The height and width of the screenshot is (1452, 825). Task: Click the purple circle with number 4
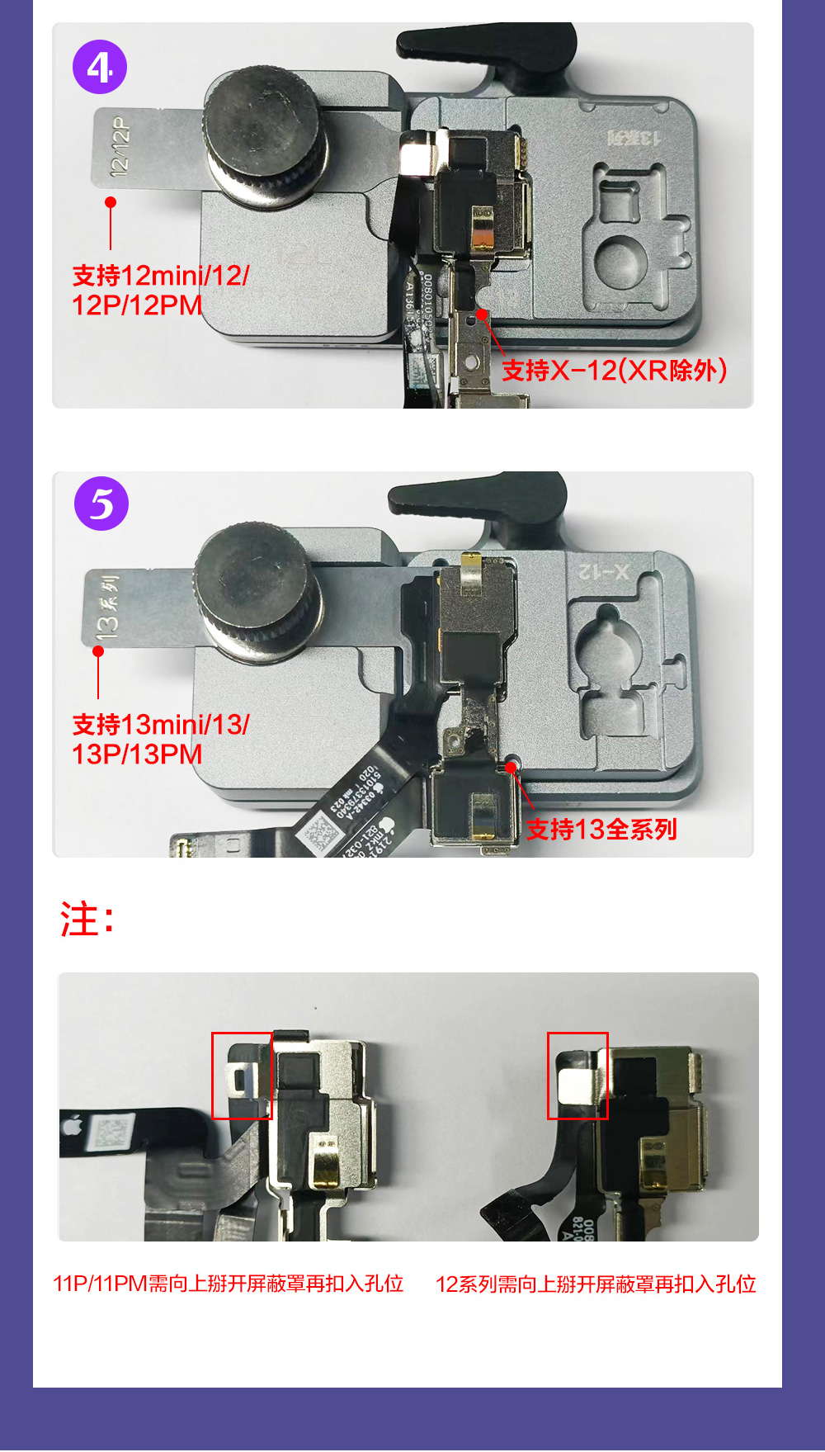[x=100, y=67]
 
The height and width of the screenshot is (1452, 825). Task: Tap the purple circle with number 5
[x=101, y=504]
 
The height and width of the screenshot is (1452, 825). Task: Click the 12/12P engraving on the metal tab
[x=120, y=146]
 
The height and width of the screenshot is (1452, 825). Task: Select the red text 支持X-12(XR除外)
[x=615, y=371]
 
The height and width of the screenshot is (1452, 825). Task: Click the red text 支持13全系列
[x=601, y=829]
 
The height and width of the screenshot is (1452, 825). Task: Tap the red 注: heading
[x=87, y=920]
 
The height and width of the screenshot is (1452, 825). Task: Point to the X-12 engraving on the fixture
[x=603, y=571]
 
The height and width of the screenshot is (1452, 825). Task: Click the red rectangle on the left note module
[x=242, y=1076]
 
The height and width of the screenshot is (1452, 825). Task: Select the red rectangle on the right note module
[x=577, y=1076]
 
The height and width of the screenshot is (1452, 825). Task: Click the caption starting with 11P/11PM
[x=229, y=1284]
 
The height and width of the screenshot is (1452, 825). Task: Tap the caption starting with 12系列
[x=596, y=1284]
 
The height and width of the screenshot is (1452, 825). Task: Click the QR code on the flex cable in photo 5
[x=318, y=834]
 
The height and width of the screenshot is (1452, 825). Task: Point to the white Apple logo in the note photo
[x=72, y=1125]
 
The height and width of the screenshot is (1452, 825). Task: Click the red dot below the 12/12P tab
[x=111, y=202]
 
